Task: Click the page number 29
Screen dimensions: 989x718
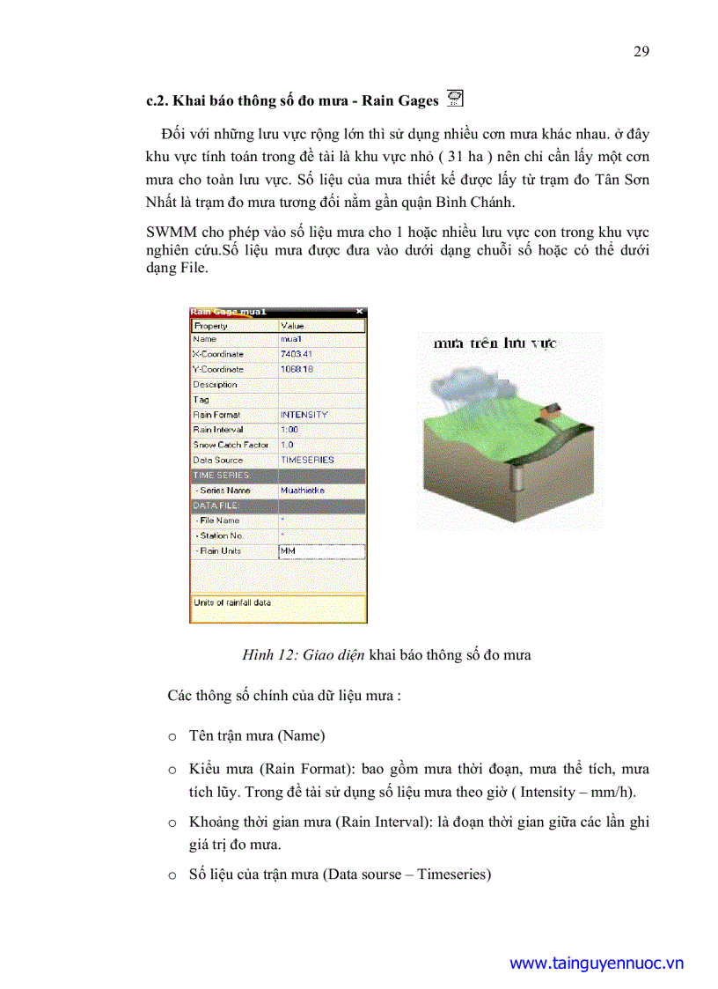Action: tap(641, 50)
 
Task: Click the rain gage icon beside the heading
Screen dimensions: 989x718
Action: tap(455, 99)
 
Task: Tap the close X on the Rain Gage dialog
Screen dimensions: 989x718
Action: tap(359, 312)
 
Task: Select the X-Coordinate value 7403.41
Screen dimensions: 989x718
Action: tap(297, 354)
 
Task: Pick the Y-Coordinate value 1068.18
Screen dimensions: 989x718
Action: tap(297, 369)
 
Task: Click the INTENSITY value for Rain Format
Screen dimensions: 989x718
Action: tap(304, 415)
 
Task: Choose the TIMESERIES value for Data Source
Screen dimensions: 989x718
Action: tap(307, 460)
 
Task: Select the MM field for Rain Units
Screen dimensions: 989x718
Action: tap(320, 551)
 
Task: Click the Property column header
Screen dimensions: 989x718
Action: tap(211, 326)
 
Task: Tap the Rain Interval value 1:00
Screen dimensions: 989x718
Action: tap(289, 430)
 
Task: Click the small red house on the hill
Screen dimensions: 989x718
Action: tap(552, 410)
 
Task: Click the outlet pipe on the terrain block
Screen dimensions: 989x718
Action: tap(517, 481)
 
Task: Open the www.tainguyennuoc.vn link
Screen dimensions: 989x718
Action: tap(597, 963)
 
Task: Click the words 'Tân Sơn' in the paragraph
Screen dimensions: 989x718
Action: tap(626, 180)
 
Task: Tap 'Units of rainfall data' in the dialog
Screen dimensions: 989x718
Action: tap(232, 603)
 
